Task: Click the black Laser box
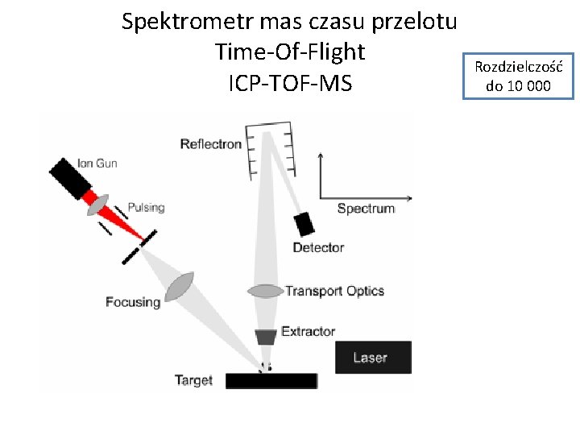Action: (x=372, y=357)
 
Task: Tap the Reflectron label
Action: (x=210, y=144)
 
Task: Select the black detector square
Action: (x=304, y=224)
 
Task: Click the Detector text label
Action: (x=318, y=247)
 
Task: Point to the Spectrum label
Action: (x=366, y=208)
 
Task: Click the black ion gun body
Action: (x=72, y=180)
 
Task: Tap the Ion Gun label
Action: (x=97, y=164)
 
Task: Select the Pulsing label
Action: (x=146, y=207)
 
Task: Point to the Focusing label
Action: (x=133, y=302)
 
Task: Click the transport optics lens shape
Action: (x=265, y=290)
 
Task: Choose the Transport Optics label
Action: (x=334, y=291)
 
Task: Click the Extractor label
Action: (x=308, y=331)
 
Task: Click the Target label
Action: (x=193, y=380)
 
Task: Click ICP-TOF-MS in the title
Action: (x=290, y=82)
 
